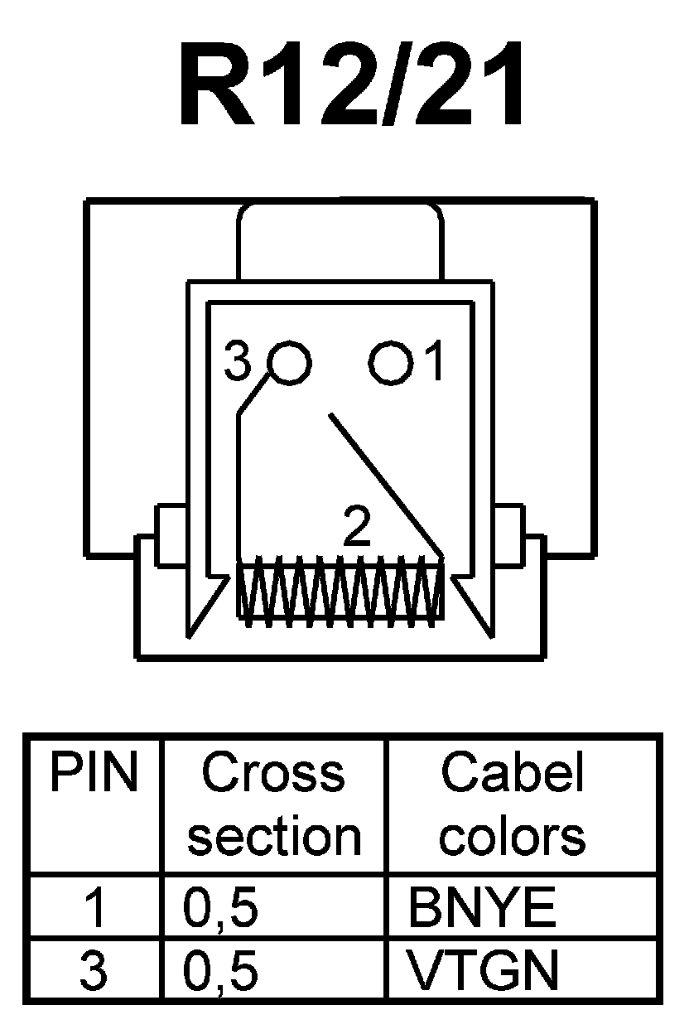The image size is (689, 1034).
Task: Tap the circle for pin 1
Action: click(x=391, y=363)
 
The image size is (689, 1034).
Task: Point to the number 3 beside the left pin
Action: click(x=238, y=363)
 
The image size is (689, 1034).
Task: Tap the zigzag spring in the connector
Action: click(x=341, y=589)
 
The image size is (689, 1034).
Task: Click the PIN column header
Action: click(x=93, y=774)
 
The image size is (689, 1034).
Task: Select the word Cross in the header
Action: click(x=273, y=774)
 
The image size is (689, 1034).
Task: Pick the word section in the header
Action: click(x=274, y=837)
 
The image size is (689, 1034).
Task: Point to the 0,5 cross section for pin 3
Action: click(x=220, y=970)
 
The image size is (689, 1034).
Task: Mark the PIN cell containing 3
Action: click(x=94, y=970)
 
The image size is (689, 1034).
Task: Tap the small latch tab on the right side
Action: click(x=507, y=534)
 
